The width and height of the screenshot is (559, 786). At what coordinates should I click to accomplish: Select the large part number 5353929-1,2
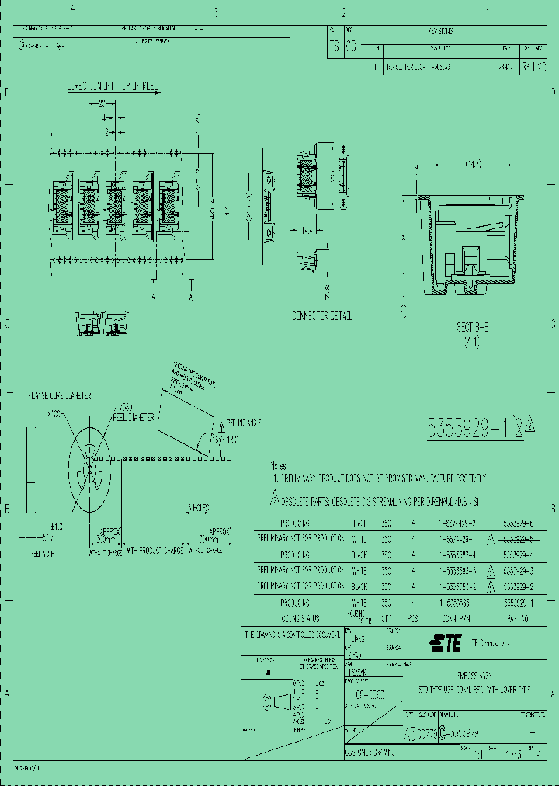pos(475,426)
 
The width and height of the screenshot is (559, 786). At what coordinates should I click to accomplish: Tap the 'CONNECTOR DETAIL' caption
pos(321,316)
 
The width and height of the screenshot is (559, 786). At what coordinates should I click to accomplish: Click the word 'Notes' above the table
pos(278,466)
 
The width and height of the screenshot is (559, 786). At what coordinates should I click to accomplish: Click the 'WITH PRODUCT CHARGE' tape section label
pos(155,551)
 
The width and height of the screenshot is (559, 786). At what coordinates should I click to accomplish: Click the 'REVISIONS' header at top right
pos(439,31)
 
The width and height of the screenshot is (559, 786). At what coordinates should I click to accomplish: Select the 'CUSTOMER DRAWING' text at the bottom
pos(370,752)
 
